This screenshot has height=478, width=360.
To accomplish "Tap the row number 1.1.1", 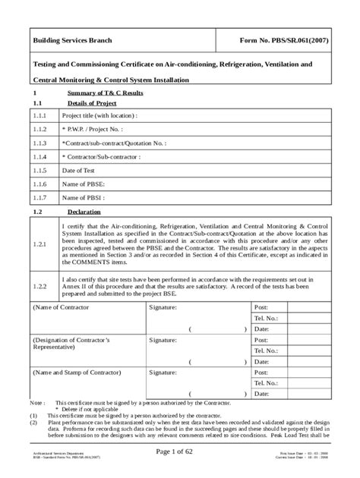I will (x=40, y=115).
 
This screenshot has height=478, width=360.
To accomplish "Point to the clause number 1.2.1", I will (x=40, y=246).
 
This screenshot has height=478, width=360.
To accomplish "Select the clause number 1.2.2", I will (x=40, y=286).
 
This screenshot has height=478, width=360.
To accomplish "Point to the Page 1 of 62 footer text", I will (x=180, y=453).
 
